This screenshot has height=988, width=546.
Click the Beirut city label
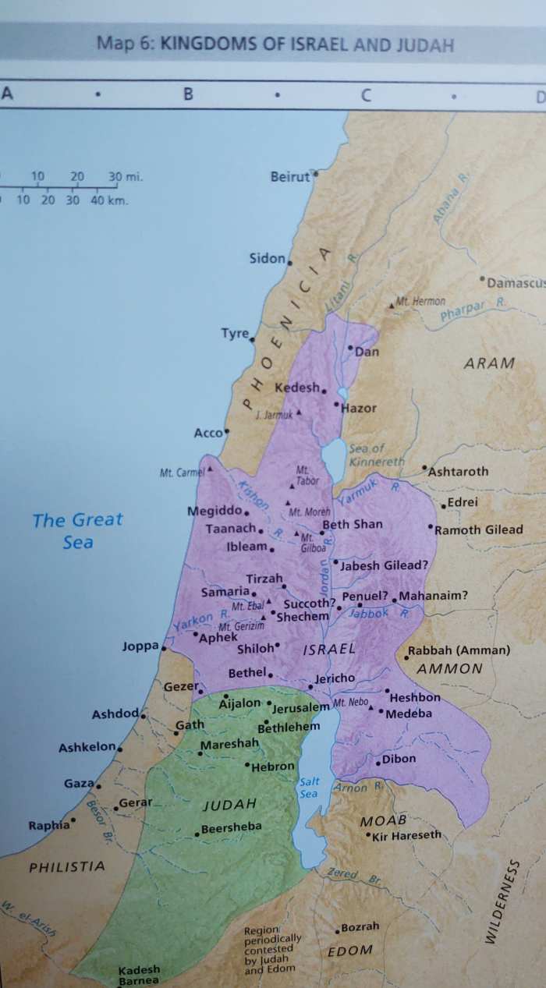click(x=289, y=178)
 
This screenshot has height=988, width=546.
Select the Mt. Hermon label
click(x=420, y=301)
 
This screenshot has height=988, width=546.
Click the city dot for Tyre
click(x=252, y=340)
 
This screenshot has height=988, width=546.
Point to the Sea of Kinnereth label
click(x=374, y=455)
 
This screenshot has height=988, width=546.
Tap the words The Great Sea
click(x=77, y=530)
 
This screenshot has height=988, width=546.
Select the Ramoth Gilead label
click(x=478, y=529)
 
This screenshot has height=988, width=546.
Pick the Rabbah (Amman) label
click(x=461, y=650)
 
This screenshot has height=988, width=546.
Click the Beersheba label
click(x=232, y=827)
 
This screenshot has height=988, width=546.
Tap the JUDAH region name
click(x=229, y=804)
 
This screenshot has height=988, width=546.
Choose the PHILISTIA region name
click(x=66, y=866)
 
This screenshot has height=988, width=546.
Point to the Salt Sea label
click(x=308, y=788)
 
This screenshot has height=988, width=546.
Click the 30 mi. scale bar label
click(x=125, y=176)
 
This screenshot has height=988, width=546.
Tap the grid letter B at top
click(x=187, y=96)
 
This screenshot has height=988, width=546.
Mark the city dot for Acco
click(x=227, y=430)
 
